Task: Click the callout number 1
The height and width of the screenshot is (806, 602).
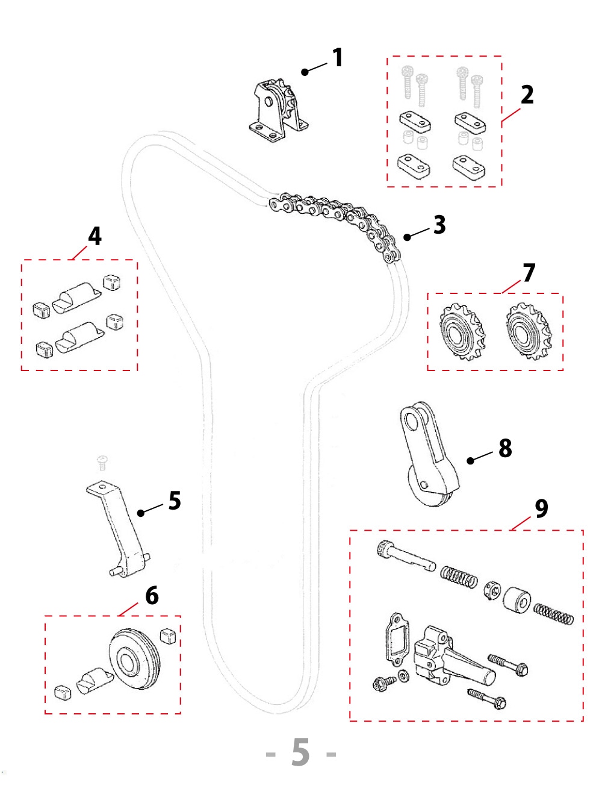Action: [338, 58]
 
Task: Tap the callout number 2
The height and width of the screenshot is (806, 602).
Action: [527, 95]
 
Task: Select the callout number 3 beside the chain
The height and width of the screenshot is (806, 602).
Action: [439, 225]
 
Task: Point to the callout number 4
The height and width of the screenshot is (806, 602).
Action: [95, 236]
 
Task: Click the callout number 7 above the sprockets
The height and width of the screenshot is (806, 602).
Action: [529, 273]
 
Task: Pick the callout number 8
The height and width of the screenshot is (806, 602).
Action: [505, 448]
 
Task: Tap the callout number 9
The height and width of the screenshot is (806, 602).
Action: [541, 508]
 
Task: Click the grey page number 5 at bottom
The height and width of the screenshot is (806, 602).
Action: [300, 752]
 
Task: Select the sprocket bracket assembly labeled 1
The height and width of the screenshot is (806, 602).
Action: [278, 112]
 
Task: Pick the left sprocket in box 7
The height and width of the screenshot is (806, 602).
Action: [462, 331]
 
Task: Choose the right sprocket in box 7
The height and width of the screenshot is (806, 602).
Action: [528, 331]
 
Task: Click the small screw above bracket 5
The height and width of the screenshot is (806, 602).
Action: [102, 463]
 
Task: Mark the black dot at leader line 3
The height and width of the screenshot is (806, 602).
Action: [408, 237]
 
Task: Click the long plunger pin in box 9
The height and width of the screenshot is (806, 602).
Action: [406, 557]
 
